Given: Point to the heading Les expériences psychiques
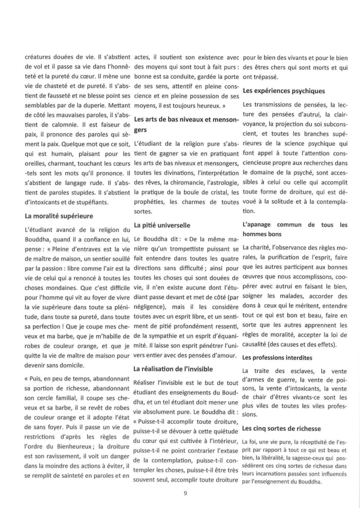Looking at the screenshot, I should pyautogui.click(x=284, y=91).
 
